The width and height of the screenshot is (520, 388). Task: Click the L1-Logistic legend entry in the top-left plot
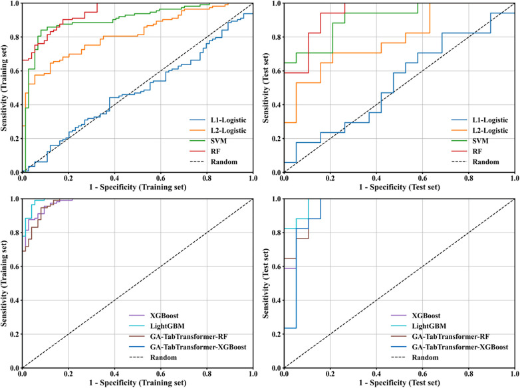(218, 120)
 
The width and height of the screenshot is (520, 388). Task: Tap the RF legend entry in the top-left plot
(205, 151)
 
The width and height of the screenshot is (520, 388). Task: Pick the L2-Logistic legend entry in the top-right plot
(480, 130)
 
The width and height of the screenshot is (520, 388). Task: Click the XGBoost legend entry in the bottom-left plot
(154, 316)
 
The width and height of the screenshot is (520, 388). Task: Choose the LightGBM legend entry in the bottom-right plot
(418, 326)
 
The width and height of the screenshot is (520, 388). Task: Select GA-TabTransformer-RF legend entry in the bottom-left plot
(178, 337)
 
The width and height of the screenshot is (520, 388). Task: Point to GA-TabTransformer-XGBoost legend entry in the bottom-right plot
(450, 347)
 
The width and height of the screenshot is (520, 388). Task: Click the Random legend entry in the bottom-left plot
(153, 357)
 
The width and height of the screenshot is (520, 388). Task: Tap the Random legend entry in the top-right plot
(475, 161)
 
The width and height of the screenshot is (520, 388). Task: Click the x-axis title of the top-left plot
(138, 187)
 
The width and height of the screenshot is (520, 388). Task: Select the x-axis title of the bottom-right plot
(399, 383)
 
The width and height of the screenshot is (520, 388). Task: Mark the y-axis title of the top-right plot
(266, 88)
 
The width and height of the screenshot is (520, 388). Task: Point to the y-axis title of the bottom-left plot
(4, 284)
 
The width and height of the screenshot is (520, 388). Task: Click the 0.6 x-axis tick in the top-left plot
(161, 178)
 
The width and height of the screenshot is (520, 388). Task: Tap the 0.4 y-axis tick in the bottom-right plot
(276, 300)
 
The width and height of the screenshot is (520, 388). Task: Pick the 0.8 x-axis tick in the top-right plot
(469, 178)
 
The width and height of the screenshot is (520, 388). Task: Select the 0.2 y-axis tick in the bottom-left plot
(14, 334)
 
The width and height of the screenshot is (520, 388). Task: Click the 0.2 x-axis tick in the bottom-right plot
(330, 374)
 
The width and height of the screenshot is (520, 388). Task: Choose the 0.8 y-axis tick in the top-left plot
(14, 37)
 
